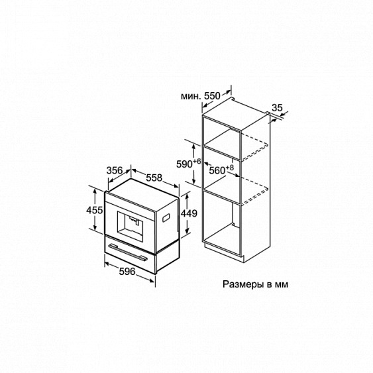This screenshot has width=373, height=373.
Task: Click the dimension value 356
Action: click(x=115, y=170)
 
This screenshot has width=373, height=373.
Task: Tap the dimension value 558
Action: click(x=154, y=178)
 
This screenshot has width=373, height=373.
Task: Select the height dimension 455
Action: click(x=95, y=210)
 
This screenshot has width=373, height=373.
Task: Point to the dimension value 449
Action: click(x=189, y=213)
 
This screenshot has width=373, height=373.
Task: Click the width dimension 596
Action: click(x=127, y=272)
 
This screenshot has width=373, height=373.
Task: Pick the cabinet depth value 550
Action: click(x=212, y=95)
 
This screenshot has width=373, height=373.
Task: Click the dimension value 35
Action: click(x=277, y=108)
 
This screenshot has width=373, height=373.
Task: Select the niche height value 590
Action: click(x=184, y=164)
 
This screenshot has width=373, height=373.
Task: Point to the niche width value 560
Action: click(x=217, y=170)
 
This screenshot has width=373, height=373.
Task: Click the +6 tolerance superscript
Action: click(x=197, y=162)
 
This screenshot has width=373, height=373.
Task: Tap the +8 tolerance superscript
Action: click(x=230, y=168)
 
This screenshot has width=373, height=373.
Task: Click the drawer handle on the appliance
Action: click(x=128, y=252)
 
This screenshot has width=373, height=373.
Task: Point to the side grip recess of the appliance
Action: click(x=166, y=217)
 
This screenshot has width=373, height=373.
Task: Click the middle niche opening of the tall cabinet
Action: click(x=222, y=176)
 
